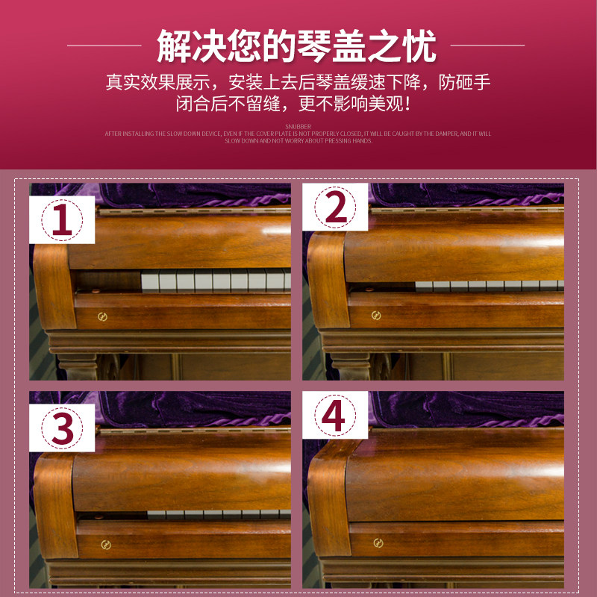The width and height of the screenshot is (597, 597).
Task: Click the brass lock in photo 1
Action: click(x=102, y=317)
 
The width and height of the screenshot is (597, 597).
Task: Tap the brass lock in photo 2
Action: click(x=376, y=313)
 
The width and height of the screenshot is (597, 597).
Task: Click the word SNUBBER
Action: click(x=298, y=127)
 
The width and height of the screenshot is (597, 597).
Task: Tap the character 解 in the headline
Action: click(x=175, y=46)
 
